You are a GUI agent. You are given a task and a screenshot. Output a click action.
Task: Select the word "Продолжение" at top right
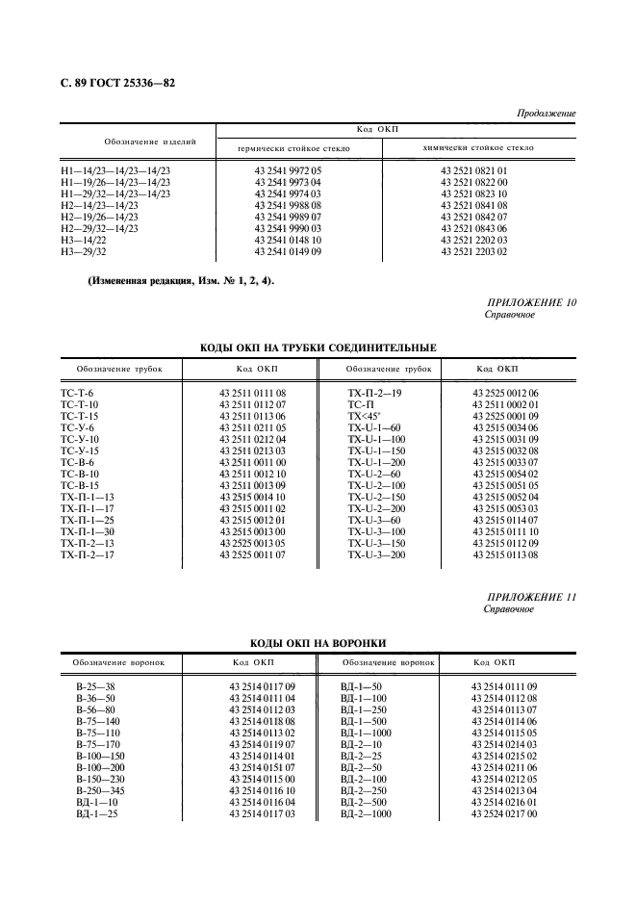[547, 114]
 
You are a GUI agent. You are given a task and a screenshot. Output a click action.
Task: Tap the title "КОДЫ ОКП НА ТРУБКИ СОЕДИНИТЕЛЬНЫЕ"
[318, 348]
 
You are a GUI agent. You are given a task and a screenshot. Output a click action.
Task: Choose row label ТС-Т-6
[77, 394]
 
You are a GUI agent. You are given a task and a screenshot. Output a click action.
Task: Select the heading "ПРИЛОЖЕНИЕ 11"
[532, 598]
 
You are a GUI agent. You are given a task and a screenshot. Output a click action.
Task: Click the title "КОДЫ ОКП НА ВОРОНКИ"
[318, 642]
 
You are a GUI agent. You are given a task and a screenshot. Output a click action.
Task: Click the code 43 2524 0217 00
[503, 813]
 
